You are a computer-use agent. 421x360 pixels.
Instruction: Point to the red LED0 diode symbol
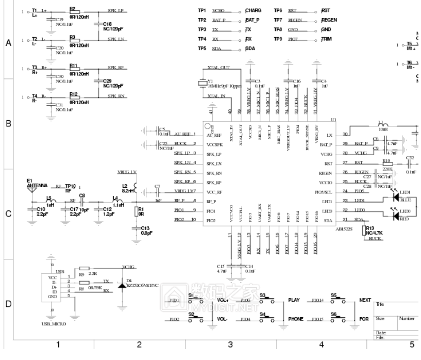(x=396, y=217)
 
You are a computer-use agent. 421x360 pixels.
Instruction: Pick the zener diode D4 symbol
(x=122, y=285)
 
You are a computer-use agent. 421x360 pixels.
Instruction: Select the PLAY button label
(x=294, y=300)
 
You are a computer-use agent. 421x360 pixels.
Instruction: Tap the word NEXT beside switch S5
(x=365, y=300)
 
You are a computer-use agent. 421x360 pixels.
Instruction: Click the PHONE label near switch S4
(x=295, y=319)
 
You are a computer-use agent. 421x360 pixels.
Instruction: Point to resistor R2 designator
(x=72, y=8)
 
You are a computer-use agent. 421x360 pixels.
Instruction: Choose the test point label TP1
(x=202, y=10)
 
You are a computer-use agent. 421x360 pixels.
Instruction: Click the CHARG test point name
(x=253, y=10)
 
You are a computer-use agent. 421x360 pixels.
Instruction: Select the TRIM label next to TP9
(x=326, y=39)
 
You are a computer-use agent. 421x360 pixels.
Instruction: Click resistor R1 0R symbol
(x=137, y=210)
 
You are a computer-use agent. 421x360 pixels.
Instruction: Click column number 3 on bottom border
(x=230, y=344)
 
